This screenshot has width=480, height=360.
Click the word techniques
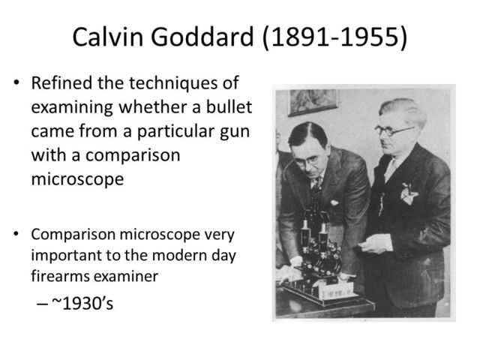(183, 82)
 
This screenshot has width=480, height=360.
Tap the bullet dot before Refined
(16, 82)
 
